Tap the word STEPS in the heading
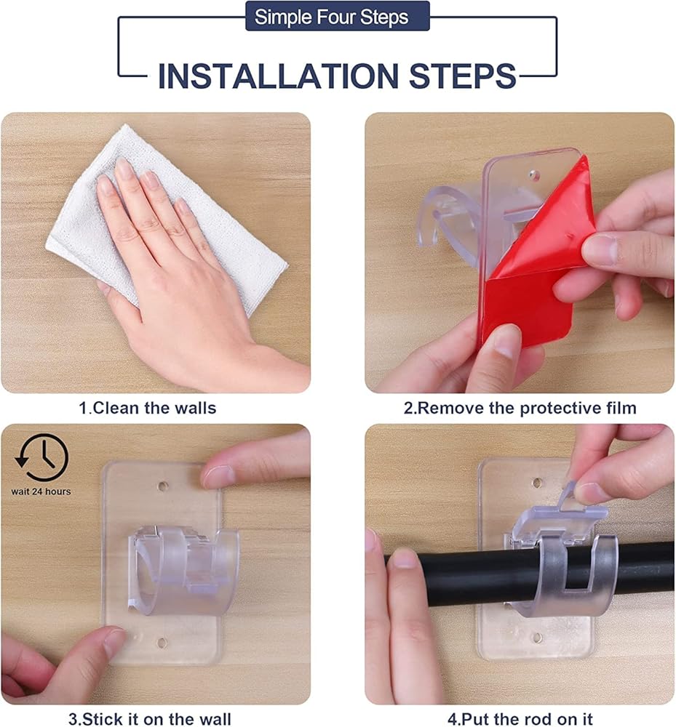(x=462, y=76)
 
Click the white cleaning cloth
(x=167, y=218)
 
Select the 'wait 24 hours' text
(x=41, y=491)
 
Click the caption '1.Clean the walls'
(x=148, y=408)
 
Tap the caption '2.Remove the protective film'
(x=520, y=408)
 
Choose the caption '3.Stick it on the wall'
(x=149, y=719)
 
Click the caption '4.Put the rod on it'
(x=520, y=719)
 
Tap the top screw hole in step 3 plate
(x=162, y=486)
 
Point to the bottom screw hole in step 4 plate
(x=537, y=638)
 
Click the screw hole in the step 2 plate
(x=533, y=174)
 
